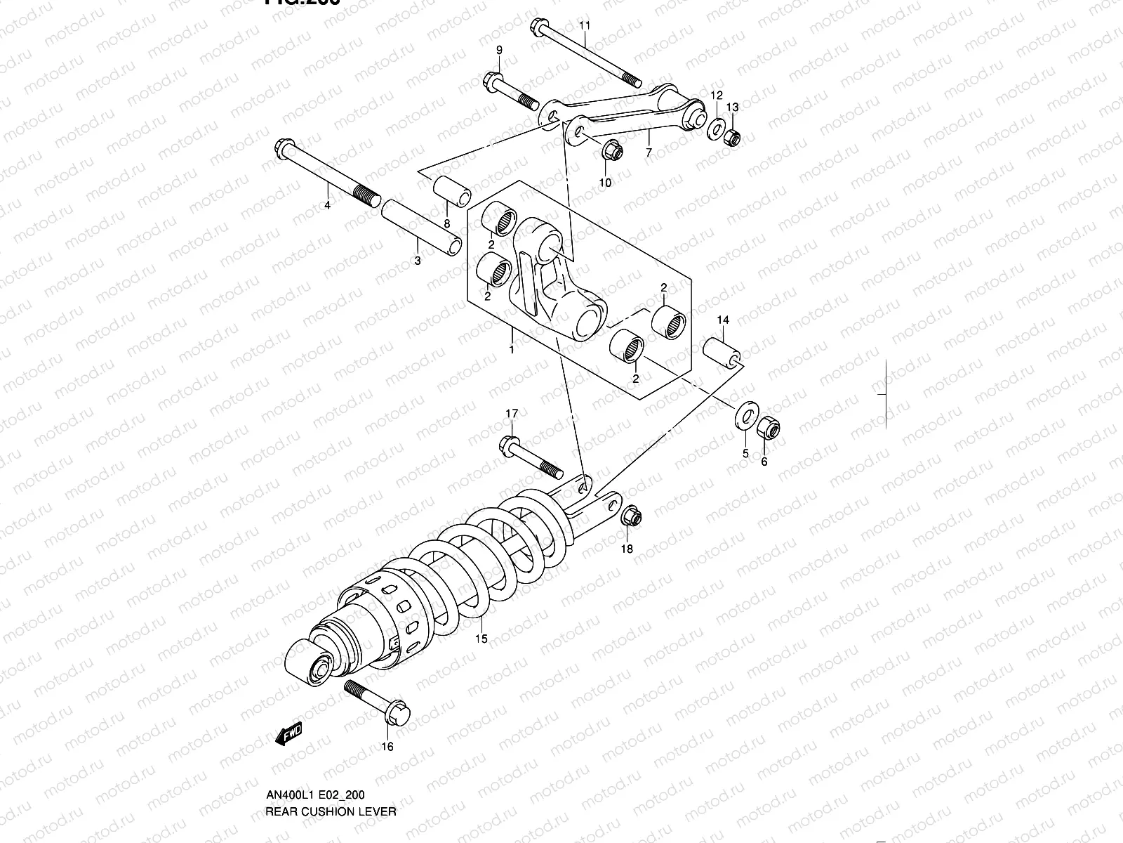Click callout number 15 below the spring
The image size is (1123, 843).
pos(480,639)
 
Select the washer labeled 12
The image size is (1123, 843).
pos(715,128)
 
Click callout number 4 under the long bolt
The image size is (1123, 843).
pos(327,206)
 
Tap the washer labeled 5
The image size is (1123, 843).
pos(743,417)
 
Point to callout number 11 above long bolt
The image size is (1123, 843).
pos(585,25)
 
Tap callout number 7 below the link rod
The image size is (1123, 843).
pos(648,152)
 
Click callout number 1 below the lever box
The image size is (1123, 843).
pos(512,349)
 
